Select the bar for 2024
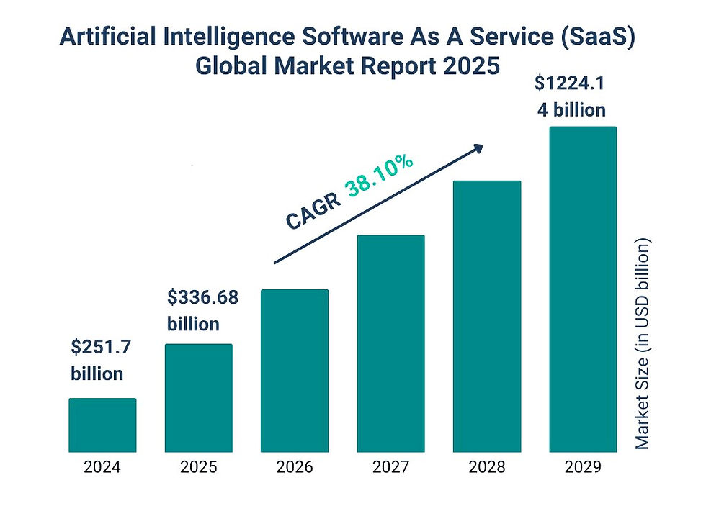click(x=102, y=425)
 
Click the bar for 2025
click(x=199, y=398)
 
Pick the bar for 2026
click(x=295, y=371)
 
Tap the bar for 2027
click(x=390, y=343)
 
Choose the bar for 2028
click(x=486, y=317)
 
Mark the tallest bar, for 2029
click(x=583, y=289)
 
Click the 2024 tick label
click(x=102, y=467)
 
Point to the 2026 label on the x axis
click(x=295, y=467)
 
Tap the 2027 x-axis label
click(x=390, y=467)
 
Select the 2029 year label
click(x=583, y=467)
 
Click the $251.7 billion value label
click(x=99, y=360)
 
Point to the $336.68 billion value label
click(x=202, y=309)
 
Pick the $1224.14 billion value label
click(x=569, y=96)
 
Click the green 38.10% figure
click(x=380, y=175)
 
